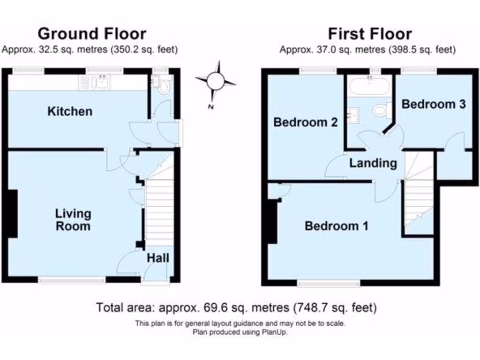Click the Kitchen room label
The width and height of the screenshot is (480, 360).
point(70,112)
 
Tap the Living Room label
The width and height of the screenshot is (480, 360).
point(73,220)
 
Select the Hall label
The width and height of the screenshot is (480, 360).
point(158,258)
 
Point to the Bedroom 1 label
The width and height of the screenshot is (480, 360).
point(336,226)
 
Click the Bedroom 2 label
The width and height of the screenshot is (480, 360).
point(306,123)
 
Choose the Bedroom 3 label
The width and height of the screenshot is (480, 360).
point(434,104)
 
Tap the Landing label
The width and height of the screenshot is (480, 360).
point(373,163)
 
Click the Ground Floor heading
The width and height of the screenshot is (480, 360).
point(91,34)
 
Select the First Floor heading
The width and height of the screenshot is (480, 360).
point(369,34)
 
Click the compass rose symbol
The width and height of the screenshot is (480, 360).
point(216,81)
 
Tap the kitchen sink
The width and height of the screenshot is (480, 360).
point(100,82)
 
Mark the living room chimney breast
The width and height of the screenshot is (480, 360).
point(13,213)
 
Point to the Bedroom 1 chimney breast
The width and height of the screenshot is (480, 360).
point(271,220)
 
